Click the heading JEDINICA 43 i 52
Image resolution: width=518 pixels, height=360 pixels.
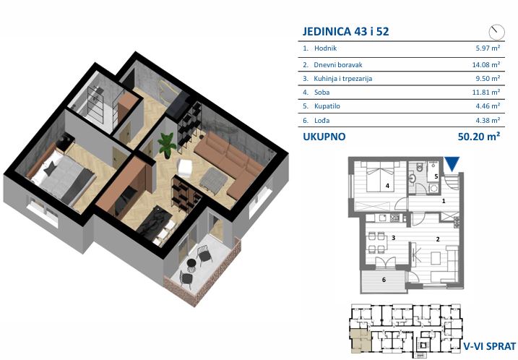point(345,31)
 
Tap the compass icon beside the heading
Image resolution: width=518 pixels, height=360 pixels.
point(496,32)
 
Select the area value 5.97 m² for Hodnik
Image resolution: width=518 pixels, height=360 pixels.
point(488,48)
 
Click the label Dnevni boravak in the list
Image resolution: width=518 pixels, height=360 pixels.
point(338,65)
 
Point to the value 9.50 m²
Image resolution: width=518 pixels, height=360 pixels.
point(488,79)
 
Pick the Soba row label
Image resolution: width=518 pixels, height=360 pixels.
point(321,93)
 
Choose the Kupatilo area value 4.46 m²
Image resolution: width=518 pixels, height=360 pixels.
point(488,106)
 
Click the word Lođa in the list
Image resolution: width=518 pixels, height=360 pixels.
point(321,120)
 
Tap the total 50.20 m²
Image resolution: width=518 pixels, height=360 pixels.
point(479,136)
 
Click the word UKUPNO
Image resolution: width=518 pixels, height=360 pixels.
point(324,137)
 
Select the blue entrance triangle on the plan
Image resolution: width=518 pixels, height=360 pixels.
point(452,164)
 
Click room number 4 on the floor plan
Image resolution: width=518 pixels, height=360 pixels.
point(387,186)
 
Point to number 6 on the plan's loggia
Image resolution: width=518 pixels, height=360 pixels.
point(384,280)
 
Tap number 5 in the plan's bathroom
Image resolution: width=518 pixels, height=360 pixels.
point(436,176)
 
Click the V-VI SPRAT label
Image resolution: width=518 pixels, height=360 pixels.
point(489,346)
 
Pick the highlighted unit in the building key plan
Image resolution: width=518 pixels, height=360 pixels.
point(361,340)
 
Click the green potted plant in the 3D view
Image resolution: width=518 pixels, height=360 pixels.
point(167,145)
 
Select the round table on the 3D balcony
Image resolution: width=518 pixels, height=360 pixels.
point(191,263)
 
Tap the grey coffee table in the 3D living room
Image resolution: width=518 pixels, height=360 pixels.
point(214,179)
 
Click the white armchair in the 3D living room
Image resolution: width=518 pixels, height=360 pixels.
point(185,168)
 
